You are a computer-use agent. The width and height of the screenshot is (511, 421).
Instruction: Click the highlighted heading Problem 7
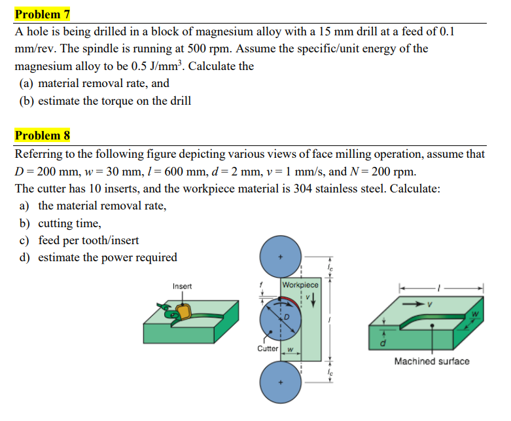tap(43, 14)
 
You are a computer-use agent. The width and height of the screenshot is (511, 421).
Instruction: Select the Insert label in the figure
tap(182, 286)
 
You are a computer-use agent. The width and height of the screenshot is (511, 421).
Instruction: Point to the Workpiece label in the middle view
tap(300, 285)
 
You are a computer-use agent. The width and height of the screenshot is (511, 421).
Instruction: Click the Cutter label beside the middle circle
tap(268, 349)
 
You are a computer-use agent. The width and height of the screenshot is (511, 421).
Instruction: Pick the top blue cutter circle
tap(281, 257)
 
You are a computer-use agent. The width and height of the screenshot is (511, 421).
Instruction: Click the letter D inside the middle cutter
tap(286, 317)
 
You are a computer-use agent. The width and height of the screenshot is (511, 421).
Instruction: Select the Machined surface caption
tap(431, 361)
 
